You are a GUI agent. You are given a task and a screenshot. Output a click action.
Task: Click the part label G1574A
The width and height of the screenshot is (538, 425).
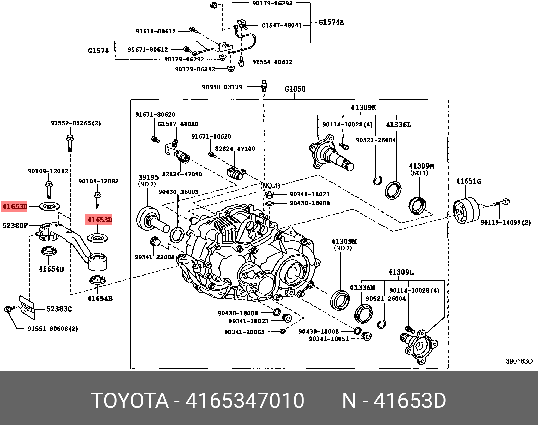pyautogui.click(x=331, y=22)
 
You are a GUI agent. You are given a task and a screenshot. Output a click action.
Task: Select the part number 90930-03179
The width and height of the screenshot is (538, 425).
pyautogui.click(x=222, y=87)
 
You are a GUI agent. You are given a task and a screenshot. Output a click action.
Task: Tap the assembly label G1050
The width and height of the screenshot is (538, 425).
pyautogui.click(x=295, y=89)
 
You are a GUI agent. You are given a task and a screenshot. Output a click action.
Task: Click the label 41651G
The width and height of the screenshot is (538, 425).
pyautogui.click(x=468, y=181)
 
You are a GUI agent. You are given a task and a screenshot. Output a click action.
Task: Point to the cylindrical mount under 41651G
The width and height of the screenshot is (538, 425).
pyautogui.click(x=466, y=211)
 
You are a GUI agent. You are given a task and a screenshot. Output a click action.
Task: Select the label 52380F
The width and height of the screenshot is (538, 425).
pyautogui.click(x=15, y=226)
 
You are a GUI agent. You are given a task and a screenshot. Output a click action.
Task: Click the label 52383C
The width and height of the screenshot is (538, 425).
pyautogui.click(x=59, y=309)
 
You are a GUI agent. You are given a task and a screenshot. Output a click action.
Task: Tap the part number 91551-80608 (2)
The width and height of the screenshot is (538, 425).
pyautogui.click(x=53, y=329)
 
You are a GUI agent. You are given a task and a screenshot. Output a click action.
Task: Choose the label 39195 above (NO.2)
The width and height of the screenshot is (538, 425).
pyautogui.click(x=148, y=177)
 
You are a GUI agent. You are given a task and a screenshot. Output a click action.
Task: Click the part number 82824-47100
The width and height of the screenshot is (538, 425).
pyautogui.click(x=235, y=149)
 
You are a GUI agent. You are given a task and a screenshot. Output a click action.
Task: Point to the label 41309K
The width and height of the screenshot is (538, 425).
pyautogui.click(x=363, y=108)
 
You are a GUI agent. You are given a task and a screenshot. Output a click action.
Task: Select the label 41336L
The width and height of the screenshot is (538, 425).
pyautogui.click(x=398, y=125)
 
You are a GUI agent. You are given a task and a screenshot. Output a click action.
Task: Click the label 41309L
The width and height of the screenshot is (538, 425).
pyautogui.click(x=401, y=272)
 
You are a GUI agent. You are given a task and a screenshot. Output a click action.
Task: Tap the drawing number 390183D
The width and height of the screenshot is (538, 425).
pyautogui.click(x=519, y=361)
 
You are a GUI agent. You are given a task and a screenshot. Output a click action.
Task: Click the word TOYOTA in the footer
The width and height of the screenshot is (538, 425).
pyautogui.click(x=130, y=401)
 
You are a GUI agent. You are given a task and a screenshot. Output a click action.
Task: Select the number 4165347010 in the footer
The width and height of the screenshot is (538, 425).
pyautogui.click(x=245, y=401)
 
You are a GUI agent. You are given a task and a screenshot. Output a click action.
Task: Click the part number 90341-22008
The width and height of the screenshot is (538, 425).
pyautogui.click(x=154, y=257)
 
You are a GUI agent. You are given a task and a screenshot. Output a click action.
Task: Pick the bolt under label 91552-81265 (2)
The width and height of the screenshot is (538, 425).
pyautogui.click(x=70, y=144)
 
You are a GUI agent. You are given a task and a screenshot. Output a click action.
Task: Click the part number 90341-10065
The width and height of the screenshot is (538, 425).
pyautogui.click(x=244, y=332)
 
